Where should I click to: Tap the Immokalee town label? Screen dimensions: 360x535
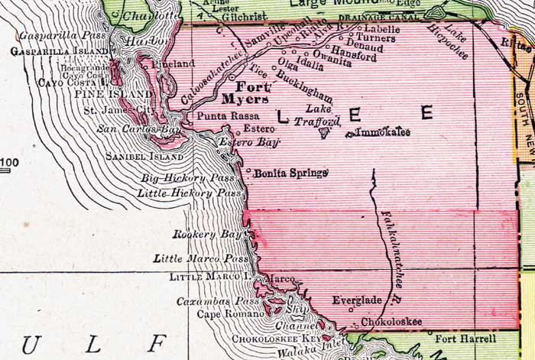coord(383,133)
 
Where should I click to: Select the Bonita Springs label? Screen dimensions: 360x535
coord(291,173)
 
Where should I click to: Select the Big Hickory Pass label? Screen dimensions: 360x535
coord(189,179)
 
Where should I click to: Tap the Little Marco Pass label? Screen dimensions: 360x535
coord(202,259)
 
